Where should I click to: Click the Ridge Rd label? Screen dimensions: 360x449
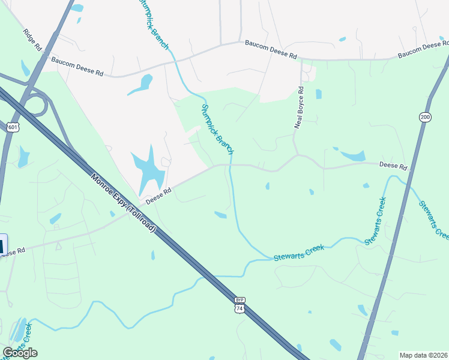click(x=32, y=40)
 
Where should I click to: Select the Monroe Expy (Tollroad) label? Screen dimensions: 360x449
click(x=124, y=203)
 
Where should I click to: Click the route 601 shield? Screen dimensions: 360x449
click(x=13, y=127)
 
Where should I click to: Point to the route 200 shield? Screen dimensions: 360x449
click(x=426, y=116)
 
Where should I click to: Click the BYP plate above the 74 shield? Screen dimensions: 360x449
click(x=240, y=299)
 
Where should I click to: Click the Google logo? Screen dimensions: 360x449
click(x=20, y=353)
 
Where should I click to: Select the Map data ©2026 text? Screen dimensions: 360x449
click(x=424, y=355)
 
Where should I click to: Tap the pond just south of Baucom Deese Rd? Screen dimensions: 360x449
click(x=142, y=85)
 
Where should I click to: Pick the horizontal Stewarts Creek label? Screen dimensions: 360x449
click(x=298, y=252)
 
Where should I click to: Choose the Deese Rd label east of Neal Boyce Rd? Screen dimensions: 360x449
click(x=393, y=166)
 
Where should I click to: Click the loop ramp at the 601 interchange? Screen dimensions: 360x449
click(x=39, y=104)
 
